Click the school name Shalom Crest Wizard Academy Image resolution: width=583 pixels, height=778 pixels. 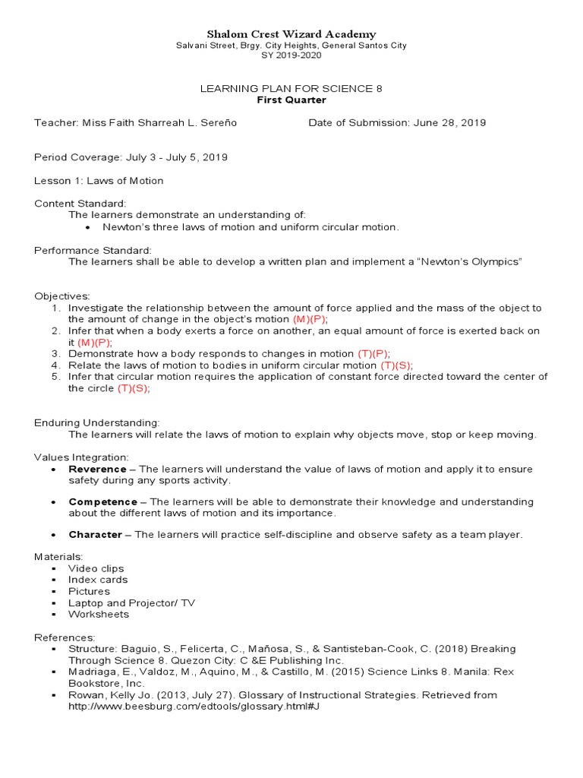coord(291,34)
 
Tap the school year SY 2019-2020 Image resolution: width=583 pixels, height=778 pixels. coord(291,55)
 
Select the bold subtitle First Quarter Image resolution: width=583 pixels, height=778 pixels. coord(291,100)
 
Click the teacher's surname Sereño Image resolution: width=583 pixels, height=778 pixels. coord(220,122)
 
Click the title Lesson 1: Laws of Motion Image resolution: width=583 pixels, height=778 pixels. coord(99,181)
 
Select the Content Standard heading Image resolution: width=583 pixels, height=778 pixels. coord(80,204)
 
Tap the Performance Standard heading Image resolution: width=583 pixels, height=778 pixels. coord(93,250)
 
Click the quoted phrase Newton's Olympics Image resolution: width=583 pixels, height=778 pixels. coord(477,261)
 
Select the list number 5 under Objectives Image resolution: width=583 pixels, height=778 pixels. coord(55,377)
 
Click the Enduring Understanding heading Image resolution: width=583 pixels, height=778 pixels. coord(96,422)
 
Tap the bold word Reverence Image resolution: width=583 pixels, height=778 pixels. coord(97,470)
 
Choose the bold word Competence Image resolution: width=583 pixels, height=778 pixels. coord(102,502)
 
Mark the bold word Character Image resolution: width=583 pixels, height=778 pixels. coord(95,535)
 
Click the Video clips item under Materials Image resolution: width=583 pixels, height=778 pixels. coord(96,568)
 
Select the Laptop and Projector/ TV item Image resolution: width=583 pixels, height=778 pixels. coord(131,602)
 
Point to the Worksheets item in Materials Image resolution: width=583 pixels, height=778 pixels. coord(99,614)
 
